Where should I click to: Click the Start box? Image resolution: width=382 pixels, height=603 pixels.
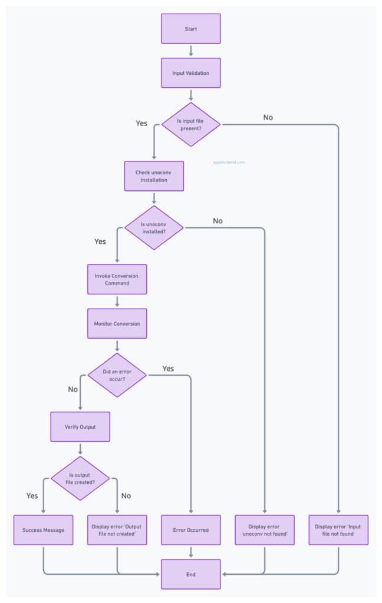coord(190,29)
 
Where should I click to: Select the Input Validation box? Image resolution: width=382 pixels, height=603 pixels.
coord(190,73)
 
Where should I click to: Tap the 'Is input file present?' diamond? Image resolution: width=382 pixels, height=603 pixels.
coord(190,124)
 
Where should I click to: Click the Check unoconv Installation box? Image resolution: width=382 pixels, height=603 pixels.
coord(154,176)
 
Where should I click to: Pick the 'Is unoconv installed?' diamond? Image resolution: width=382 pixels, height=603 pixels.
coord(154,228)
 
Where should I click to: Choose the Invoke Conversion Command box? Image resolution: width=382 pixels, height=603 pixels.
coord(117,279)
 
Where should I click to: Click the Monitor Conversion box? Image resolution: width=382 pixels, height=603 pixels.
coord(117,324)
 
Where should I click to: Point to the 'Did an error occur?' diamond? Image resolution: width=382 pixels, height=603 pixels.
coord(117,375)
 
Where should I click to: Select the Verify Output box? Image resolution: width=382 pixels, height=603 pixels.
coord(80,426)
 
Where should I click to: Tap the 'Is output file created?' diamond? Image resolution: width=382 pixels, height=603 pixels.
coord(80,478)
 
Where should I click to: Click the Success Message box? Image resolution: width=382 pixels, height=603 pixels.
coord(43,530)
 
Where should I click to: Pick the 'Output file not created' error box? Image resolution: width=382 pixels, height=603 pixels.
coord(117,530)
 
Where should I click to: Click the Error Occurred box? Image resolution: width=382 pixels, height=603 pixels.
coord(190,530)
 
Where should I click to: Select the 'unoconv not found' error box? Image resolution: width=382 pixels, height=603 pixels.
coord(265,530)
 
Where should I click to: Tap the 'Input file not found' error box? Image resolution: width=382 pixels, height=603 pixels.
coord(338,530)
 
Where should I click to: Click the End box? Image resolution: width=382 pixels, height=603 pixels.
coord(190,574)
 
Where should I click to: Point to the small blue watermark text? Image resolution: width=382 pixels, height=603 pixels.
coord(229,162)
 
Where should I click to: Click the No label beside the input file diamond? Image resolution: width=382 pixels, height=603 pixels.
coord(268,117)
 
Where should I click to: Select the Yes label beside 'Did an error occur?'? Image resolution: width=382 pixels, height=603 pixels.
coord(168,369)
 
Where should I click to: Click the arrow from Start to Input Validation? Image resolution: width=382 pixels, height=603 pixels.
coord(190,51)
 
